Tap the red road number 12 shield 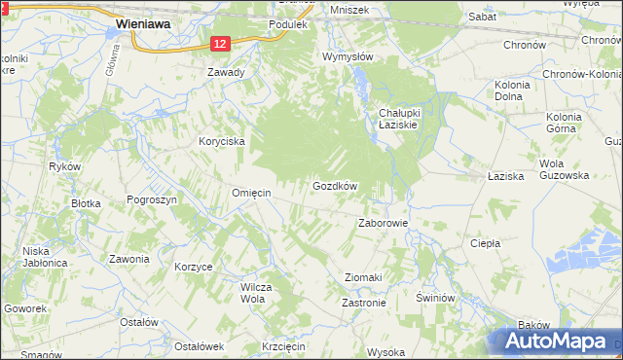coord(220,44)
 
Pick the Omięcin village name coord(250,193)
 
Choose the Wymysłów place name coord(348,56)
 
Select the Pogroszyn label coord(152,198)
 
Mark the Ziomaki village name coord(363,277)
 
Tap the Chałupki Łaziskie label coord(397,120)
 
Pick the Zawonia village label coord(128,259)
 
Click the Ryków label coord(62,166)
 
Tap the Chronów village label coord(527,45)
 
